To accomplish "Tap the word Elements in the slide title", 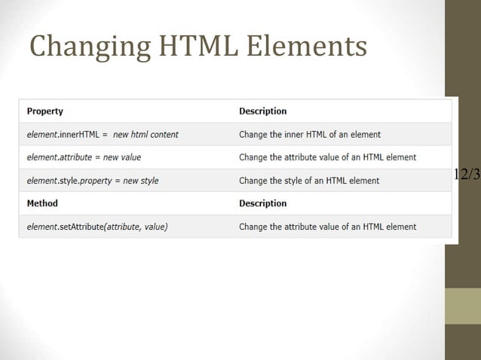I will (x=306, y=46).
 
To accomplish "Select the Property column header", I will (x=45, y=111).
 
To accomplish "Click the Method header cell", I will (x=42, y=203).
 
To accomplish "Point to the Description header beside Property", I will (x=263, y=111).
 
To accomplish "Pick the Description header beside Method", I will (x=263, y=203).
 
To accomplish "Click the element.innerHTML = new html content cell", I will (x=103, y=135).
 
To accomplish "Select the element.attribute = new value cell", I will (x=84, y=157).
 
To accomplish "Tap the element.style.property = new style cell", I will (x=93, y=181).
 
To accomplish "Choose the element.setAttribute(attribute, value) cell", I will (x=97, y=227).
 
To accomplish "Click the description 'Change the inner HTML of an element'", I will (x=310, y=135).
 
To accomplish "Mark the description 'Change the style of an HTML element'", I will (x=309, y=181).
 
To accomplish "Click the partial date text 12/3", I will (x=467, y=175).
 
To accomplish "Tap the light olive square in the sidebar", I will (x=462, y=306).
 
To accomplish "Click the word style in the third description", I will (x=302, y=181).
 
